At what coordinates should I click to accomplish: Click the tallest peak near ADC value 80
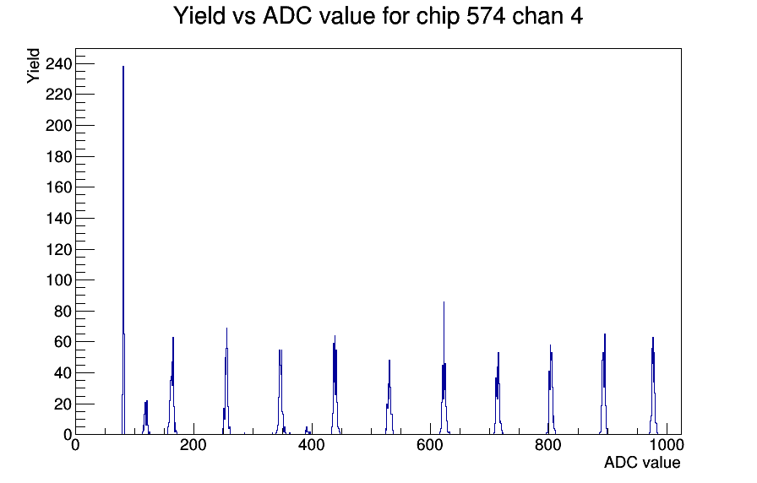123,251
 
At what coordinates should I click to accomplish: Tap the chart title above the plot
378,16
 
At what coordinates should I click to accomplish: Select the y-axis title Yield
33,66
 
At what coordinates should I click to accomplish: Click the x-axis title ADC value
642,462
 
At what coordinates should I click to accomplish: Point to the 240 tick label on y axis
58,63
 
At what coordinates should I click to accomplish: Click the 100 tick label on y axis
58,280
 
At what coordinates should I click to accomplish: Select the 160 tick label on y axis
58,187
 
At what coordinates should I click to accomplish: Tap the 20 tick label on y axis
63,404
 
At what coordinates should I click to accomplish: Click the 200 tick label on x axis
193,445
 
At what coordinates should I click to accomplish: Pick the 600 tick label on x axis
430,445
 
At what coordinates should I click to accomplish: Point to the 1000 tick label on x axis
666,445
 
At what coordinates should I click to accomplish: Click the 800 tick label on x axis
548,445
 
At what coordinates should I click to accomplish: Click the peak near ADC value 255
226,381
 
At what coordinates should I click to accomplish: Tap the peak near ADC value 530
389,398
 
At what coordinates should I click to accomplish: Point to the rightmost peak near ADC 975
653,386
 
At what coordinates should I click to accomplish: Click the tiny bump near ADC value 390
307,431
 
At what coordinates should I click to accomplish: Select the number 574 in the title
485,16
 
